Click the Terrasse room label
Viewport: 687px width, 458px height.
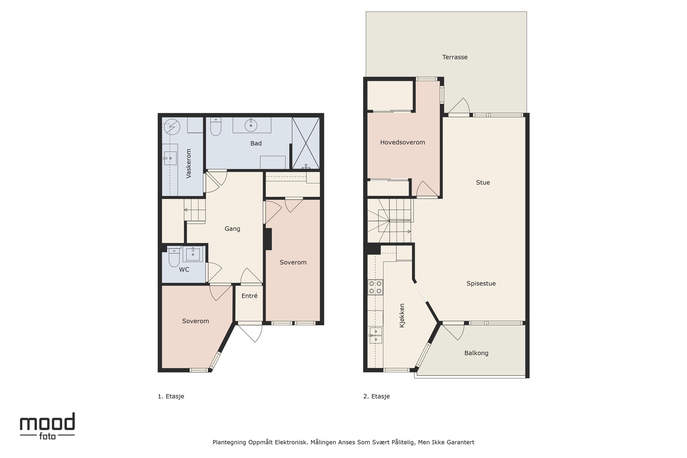tap(455, 57)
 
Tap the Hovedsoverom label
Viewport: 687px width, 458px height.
tap(403, 143)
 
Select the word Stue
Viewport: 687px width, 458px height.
tap(483, 182)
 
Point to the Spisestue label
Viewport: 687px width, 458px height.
tap(481, 284)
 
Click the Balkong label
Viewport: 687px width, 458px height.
tap(476, 353)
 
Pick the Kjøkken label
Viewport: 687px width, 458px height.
tap(402, 315)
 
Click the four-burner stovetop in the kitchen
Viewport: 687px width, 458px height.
tap(375, 287)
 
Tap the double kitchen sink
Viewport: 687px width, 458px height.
tap(376, 335)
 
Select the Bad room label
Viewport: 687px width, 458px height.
tap(256, 143)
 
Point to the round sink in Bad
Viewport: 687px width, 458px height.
tap(251, 125)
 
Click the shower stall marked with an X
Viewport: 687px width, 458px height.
tap(306, 143)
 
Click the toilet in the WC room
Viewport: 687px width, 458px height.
tap(174, 257)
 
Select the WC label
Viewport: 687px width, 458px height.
tap(184, 270)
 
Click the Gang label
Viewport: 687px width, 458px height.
tap(232, 229)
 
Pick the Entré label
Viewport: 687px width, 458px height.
tap(249, 296)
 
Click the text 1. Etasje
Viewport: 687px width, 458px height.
tap(171, 396)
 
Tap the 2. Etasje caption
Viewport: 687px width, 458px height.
tap(376, 396)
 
